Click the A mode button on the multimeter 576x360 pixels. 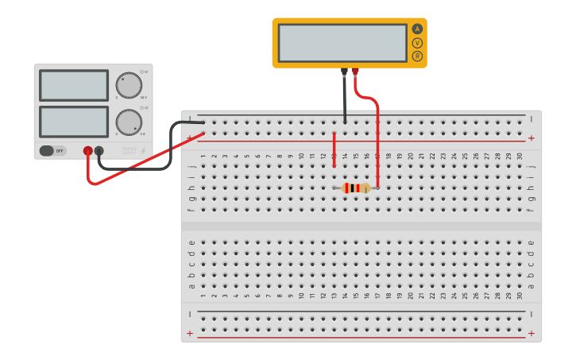tap(417, 29)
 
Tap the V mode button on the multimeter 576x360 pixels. tap(417, 43)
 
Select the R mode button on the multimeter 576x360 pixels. tap(417, 56)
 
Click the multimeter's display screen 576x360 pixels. tap(342, 43)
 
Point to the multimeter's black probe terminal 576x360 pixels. tap(344, 72)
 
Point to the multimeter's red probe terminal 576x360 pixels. tap(355, 72)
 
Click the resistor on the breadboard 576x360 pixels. tap(356, 188)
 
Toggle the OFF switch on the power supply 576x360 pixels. tap(53, 150)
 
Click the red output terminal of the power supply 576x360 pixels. tap(88, 150)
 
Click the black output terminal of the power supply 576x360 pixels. tap(99, 150)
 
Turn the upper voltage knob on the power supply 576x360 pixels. tap(129, 85)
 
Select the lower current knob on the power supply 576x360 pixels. tap(129, 122)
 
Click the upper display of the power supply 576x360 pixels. tap(74, 85)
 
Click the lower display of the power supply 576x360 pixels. tap(74, 122)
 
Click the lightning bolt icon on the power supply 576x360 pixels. tap(143, 149)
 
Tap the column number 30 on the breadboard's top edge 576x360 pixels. tap(520, 157)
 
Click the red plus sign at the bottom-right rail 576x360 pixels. tap(531, 334)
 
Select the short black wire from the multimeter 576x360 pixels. tap(345, 99)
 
